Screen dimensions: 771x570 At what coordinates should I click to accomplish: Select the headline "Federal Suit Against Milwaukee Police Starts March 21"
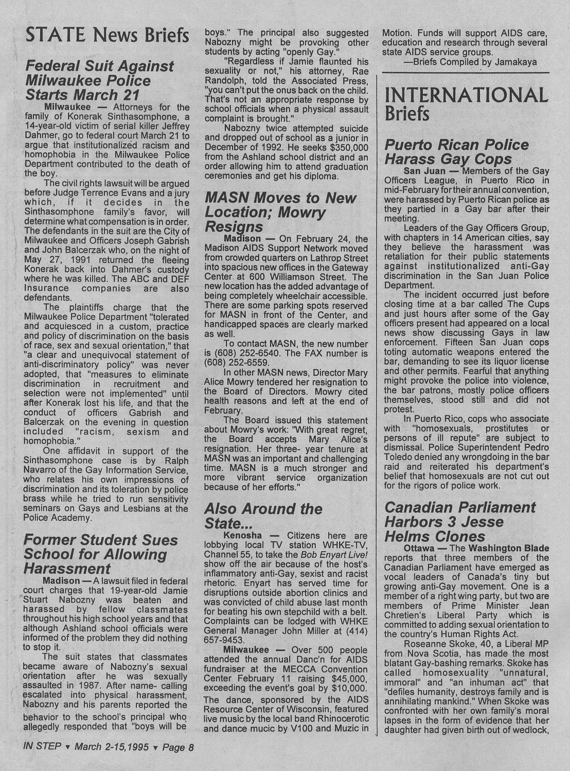point(99,81)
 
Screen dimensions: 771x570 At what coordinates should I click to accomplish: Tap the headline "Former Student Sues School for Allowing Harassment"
point(101,554)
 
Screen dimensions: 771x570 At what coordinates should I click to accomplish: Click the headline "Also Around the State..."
point(263,516)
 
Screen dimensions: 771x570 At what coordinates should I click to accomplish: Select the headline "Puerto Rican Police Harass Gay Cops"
point(456,152)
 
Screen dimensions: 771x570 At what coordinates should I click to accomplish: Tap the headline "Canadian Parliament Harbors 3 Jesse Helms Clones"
point(460,522)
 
